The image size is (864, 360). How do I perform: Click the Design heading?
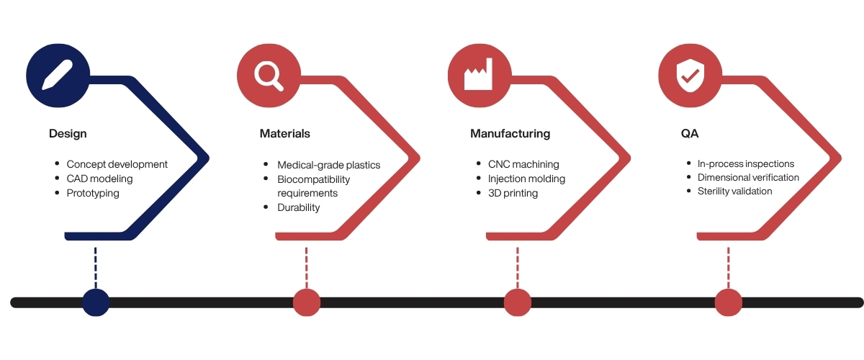tap(68, 134)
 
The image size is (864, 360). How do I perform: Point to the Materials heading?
tap(285, 134)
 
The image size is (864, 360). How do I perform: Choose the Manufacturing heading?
tap(510, 134)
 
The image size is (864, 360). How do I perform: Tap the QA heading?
tap(689, 134)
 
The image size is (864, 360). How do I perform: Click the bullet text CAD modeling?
tap(99, 179)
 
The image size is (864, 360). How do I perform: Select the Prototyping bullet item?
tap(93, 193)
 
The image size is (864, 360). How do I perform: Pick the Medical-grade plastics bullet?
tap(328, 165)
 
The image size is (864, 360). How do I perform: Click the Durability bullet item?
tap(299, 207)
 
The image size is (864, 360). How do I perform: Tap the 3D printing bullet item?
tap(513, 193)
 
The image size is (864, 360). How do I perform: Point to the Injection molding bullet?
tap(526, 179)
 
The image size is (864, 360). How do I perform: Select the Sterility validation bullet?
tap(734, 191)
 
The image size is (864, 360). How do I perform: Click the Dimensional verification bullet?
tap(748, 177)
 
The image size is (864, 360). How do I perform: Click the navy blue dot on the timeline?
tap(96, 302)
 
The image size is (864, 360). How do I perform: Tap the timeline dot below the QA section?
tap(728, 302)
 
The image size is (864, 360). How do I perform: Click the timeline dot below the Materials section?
tap(307, 302)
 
